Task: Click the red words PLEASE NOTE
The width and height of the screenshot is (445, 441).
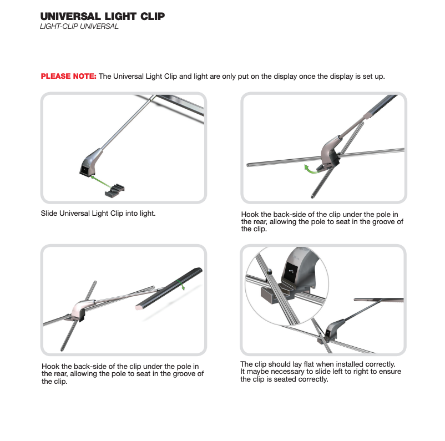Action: click(x=68, y=76)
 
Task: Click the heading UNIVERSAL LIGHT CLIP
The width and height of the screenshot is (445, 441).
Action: click(x=103, y=16)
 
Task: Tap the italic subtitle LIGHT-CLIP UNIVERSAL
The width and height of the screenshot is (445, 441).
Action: click(x=79, y=27)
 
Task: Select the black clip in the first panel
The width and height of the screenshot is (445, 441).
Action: click(x=115, y=191)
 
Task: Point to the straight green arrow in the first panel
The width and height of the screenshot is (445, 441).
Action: click(x=101, y=181)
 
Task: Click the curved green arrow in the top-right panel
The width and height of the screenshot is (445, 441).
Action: click(x=311, y=170)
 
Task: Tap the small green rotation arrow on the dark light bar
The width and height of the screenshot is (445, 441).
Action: click(x=181, y=285)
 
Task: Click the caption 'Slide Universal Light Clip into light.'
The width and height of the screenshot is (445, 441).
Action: click(x=98, y=213)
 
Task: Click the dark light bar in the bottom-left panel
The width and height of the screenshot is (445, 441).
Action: click(x=169, y=288)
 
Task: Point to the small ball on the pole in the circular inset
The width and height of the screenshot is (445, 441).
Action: click(x=269, y=272)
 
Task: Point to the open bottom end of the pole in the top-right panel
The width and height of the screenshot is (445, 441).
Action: click(x=312, y=197)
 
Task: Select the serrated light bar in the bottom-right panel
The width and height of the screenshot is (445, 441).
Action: click(x=378, y=300)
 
